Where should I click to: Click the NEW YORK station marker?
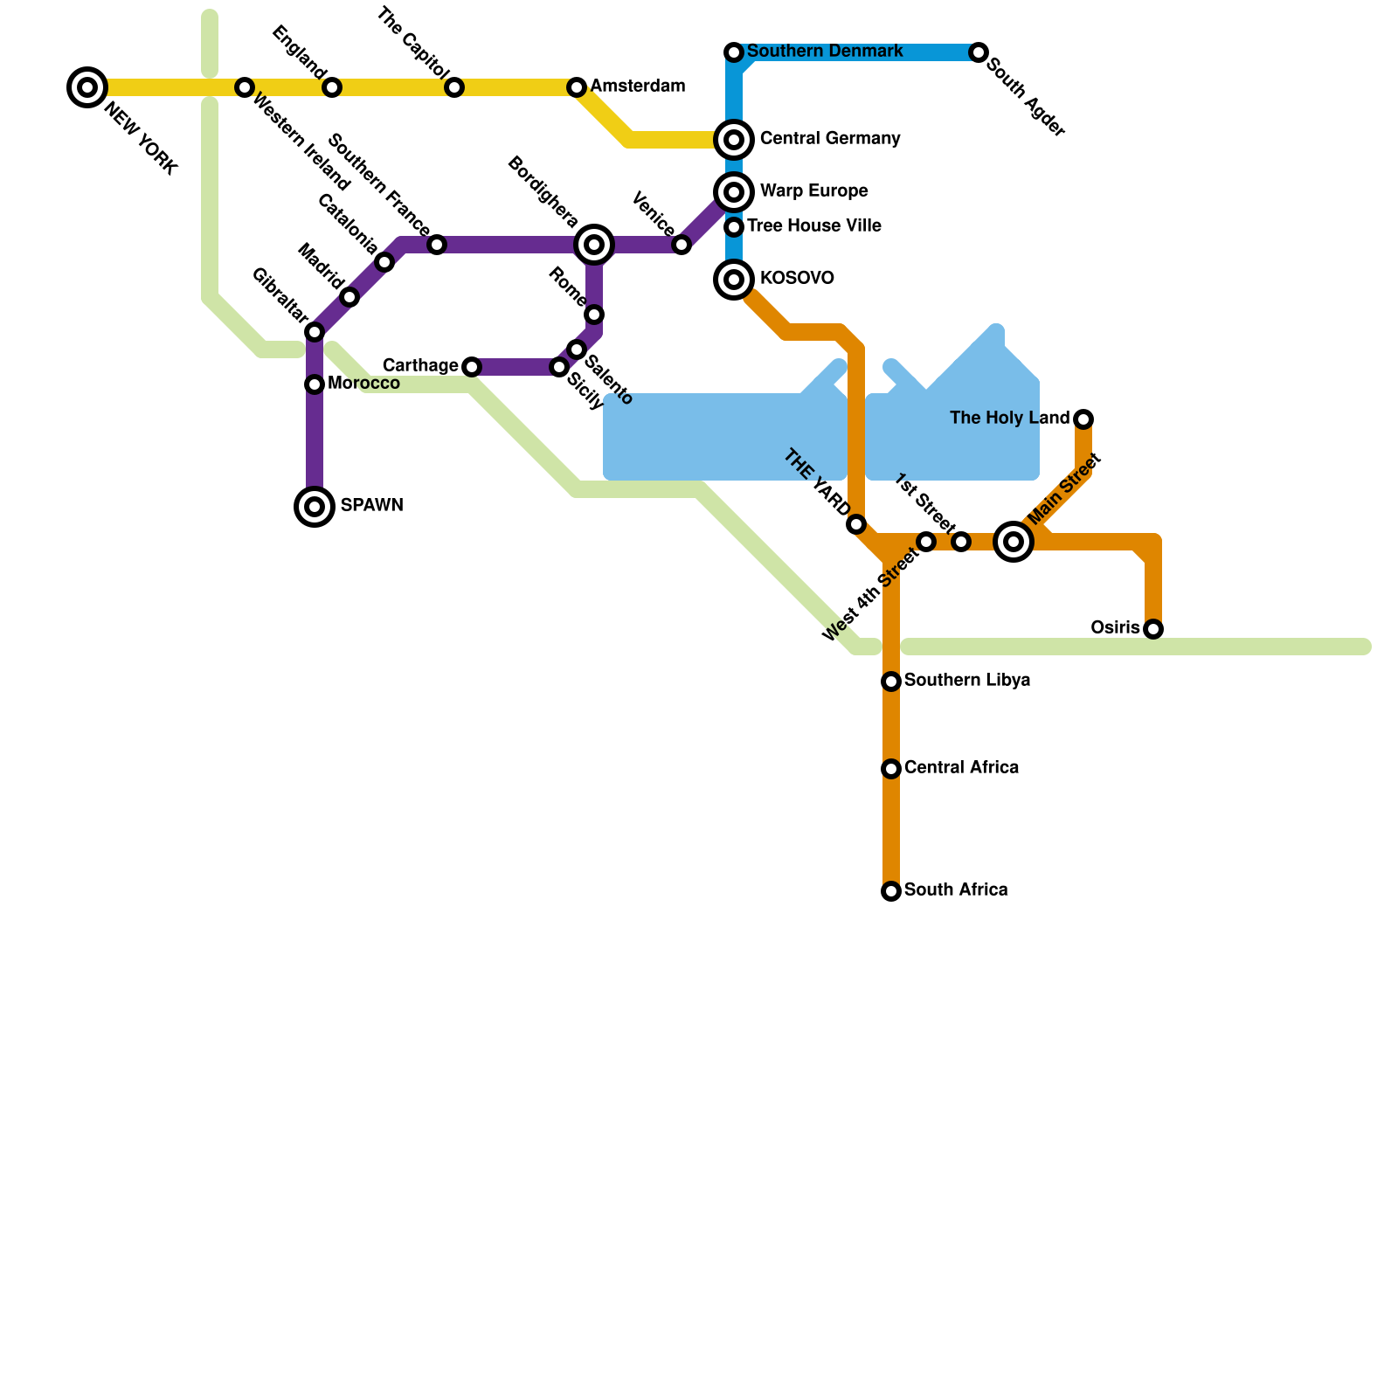point(87,87)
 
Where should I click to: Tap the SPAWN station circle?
point(315,507)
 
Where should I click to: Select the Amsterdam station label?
point(637,87)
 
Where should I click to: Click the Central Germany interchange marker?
point(734,140)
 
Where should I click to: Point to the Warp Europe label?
point(813,191)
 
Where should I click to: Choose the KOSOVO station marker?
point(734,280)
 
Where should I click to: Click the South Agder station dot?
point(979,52)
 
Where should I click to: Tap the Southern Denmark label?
point(825,52)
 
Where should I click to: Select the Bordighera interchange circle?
point(594,245)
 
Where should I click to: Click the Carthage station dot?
point(472,367)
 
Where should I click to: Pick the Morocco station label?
point(363,384)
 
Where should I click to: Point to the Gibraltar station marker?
point(315,332)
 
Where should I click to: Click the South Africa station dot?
point(891,891)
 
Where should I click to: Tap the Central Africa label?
point(961,768)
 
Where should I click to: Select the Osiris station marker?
point(1153,629)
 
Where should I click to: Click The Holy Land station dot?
point(1083,419)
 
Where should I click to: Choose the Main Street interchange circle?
point(1014,542)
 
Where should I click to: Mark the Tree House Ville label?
point(813,226)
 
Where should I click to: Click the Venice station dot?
point(682,245)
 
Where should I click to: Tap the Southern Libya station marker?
point(891,682)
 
